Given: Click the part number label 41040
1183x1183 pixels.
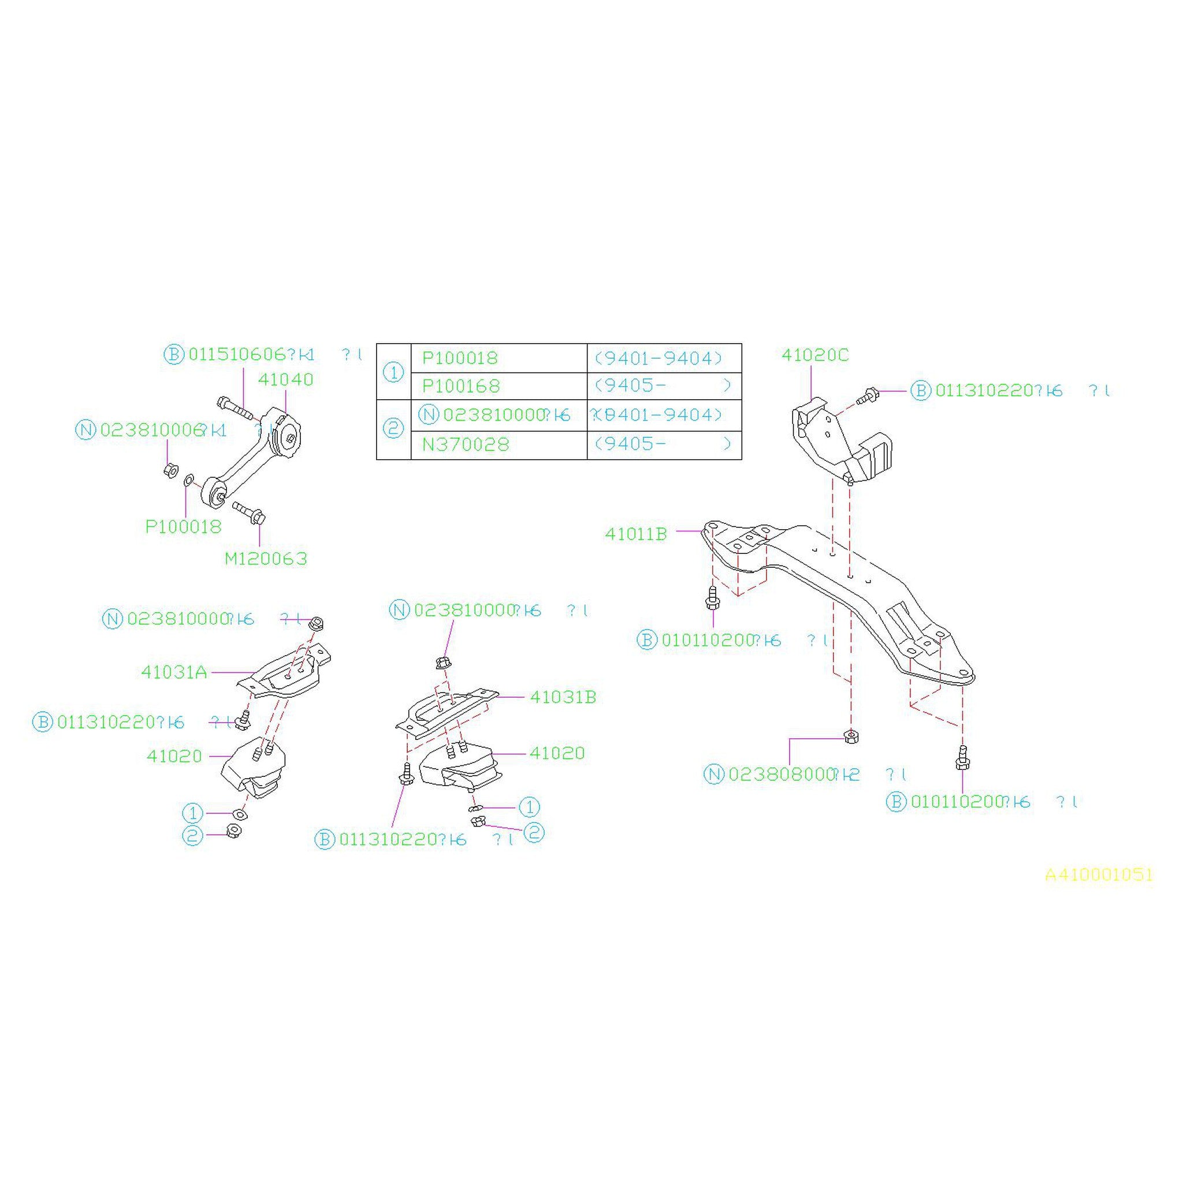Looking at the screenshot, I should point(285,380).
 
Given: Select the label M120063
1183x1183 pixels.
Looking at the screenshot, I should point(266,559).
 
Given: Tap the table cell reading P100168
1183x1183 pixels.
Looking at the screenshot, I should point(461,386).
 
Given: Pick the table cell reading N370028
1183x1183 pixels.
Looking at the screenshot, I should point(466,444).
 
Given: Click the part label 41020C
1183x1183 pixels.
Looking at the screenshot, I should point(815,355).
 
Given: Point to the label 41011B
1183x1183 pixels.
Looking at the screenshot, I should point(635,534).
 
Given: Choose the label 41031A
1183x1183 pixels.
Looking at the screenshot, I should point(174,672).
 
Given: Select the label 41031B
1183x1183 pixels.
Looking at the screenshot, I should point(563,697).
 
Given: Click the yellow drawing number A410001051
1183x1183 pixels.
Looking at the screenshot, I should point(1099,875).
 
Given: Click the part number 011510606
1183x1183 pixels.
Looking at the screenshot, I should point(237,355).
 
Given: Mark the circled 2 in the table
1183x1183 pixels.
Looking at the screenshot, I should point(393,429).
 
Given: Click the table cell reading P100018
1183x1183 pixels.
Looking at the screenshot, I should point(460,358).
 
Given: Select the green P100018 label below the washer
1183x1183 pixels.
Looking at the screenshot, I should point(183,527).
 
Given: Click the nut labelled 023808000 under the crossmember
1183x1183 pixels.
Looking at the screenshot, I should point(850,736).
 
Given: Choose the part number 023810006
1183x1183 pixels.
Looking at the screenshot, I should point(151,430).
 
